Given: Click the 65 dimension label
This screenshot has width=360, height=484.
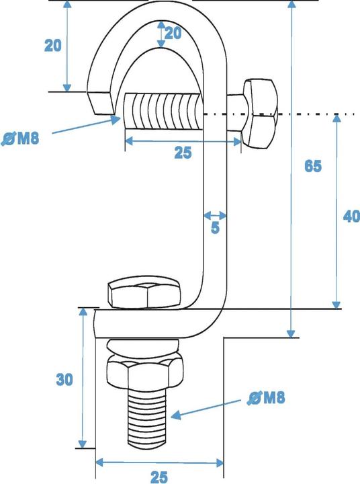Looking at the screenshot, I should (x=312, y=167).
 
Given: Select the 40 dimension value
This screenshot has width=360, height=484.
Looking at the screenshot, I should (x=351, y=216).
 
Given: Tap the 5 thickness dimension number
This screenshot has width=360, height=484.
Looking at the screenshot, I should (x=215, y=229).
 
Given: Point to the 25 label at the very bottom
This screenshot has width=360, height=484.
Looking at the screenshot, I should (x=159, y=477).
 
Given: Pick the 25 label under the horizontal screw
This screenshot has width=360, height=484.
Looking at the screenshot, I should (x=183, y=153).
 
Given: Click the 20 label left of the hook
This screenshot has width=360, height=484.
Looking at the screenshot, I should (x=54, y=46).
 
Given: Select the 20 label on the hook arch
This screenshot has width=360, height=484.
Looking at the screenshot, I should (x=173, y=34).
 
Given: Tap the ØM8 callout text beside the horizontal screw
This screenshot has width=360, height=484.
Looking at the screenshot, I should (x=20, y=139).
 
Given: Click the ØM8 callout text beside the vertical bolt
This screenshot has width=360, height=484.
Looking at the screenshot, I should (x=266, y=398).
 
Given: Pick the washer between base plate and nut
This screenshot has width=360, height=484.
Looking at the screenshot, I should (x=142, y=350).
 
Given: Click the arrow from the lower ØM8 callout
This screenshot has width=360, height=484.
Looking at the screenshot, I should (x=205, y=409).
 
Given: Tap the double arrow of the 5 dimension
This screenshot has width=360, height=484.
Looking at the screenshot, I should (x=215, y=216).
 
